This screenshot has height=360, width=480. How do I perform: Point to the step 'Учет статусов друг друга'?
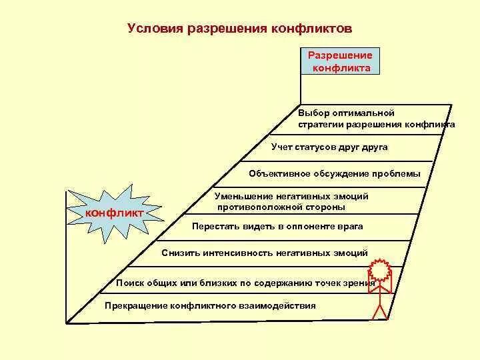tap(329, 146)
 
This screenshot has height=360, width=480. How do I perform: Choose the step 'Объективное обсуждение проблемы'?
tap(335, 174)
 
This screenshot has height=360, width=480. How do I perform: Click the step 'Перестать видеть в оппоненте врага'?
tap(277, 227)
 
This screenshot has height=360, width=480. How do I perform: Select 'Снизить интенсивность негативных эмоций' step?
tap(264, 253)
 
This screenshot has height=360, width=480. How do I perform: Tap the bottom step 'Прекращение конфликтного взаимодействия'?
tap(211, 305)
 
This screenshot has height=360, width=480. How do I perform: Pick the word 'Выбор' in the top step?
tap(313, 113)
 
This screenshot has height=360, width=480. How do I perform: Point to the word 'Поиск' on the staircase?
tap(129, 283)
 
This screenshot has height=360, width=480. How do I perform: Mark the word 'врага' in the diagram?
tap(350, 227)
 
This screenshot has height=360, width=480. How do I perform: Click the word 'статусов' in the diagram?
tap(319, 146)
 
